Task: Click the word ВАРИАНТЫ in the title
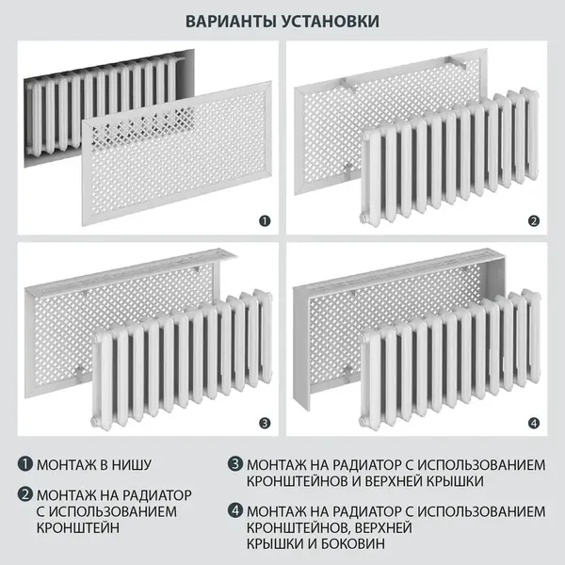[231, 21]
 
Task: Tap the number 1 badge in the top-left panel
[265, 222]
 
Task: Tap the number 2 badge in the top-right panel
[534, 222]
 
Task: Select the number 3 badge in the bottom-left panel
[265, 423]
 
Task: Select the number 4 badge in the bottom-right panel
[534, 423]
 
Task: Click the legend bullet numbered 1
[25, 464]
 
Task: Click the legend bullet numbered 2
[25, 494]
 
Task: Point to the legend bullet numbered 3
[234, 464]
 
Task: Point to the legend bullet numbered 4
[234, 511]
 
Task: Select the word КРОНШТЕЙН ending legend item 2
[82, 528]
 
